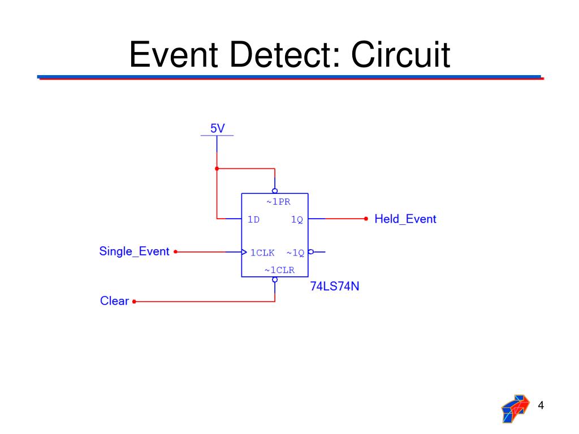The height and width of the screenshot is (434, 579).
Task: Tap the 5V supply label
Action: point(217,129)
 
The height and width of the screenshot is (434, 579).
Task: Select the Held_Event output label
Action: point(405,219)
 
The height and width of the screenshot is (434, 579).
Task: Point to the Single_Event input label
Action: point(134,251)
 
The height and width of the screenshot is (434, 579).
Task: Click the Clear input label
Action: point(114,301)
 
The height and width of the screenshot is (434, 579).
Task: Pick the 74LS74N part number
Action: point(335,287)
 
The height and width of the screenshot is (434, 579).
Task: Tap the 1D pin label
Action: point(253,220)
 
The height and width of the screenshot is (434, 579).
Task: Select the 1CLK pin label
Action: point(262,253)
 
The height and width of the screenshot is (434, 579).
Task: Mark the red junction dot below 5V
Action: point(217,168)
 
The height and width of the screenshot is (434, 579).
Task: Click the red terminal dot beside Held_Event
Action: point(366,218)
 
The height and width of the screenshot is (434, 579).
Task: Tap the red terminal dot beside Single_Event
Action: point(176,252)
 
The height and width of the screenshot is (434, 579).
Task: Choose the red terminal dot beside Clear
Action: point(134,302)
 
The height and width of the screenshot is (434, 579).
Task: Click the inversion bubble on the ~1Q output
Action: point(310,252)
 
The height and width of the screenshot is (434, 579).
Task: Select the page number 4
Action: point(541,405)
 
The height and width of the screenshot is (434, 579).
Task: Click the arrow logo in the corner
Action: point(516,408)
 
